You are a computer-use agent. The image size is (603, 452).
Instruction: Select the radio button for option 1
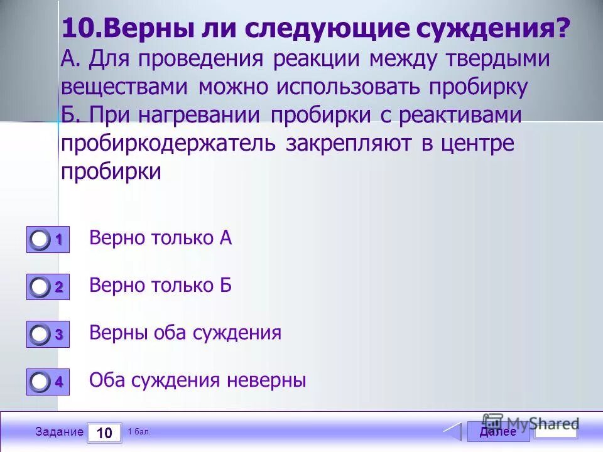pyautogui.click(x=40, y=240)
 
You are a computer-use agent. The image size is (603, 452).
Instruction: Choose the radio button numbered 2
pyautogui.click(x=40, y=288)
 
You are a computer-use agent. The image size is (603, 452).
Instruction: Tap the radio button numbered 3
pyautogui.click(x=40, y=335)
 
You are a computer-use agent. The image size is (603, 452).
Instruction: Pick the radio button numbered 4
pyautogui.click(x=40, y=382)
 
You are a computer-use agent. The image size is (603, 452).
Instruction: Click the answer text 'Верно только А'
pyautogui.click(x=161, y=238)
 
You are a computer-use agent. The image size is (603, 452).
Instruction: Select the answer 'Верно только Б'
pyautogui.click(x=161, y=286)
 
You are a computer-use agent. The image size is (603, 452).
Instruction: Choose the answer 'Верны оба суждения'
pyautogui.click(x=185, y=333)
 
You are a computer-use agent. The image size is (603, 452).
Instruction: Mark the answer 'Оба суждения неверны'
pyautogui.click(x=197, y=380)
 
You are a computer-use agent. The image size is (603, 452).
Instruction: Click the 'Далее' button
pyautogui.click(x=497, y=432)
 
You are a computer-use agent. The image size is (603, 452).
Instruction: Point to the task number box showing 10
pyautogui.click(x=104, y=433)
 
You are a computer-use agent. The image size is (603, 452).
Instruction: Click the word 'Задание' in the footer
pyautogui.click(x=59, y=432)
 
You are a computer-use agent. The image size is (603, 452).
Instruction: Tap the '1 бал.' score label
pyautogui.click(x=139, y=431)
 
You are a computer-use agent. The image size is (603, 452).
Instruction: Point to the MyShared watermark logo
pyautogui.click(x=531, y=423)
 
